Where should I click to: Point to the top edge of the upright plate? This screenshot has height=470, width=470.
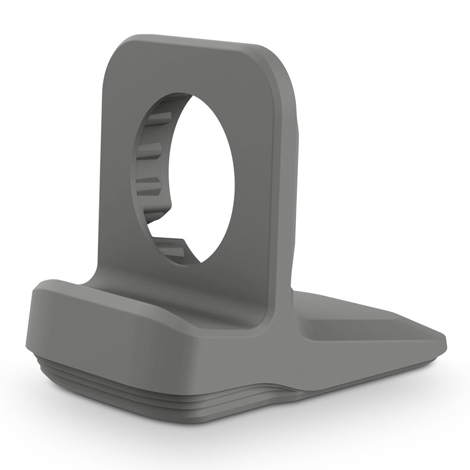pos(197,39)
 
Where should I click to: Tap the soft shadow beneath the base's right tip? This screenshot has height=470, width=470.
pos(423,364)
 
